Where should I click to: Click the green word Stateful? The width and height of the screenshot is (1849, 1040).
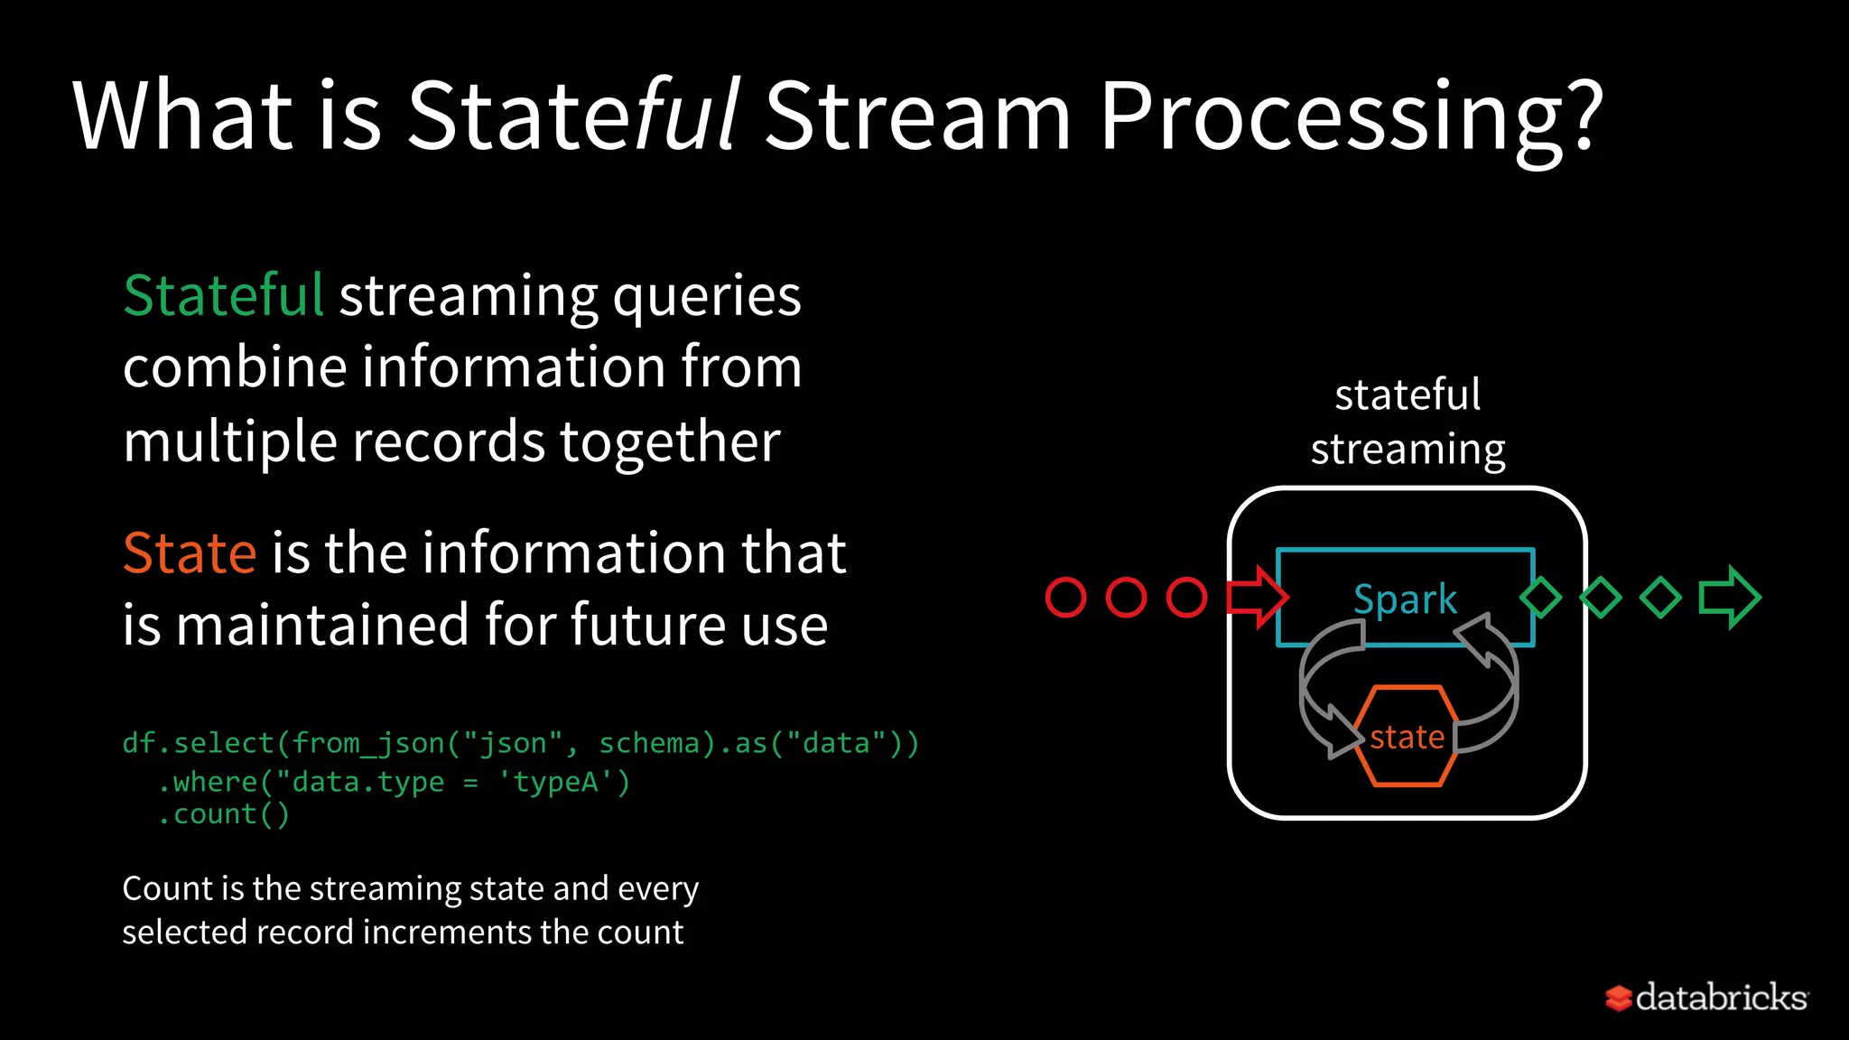pyautogui.click(x=223, y=295)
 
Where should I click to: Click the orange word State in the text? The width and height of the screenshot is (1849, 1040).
pyautogui.click(x=190, y=552)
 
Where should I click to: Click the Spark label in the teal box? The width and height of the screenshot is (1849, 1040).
pyautogui.click(x=1405, y=599)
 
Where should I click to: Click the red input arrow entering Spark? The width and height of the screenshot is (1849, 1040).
pyautogui.click(x=1256, y=597)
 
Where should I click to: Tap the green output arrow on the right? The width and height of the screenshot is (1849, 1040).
pyautogui.click(x=1729, y=597)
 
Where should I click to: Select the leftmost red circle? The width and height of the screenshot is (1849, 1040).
pyautogui.click(x=1065, y=598)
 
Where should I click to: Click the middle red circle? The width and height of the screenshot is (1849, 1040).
pyautogui.click(x=1126, y=598)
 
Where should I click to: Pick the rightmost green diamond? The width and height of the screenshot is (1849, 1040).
pyautogui.click(x=1660, y=598)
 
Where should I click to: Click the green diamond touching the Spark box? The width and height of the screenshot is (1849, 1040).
pyautogui.click(x=1540, y=598)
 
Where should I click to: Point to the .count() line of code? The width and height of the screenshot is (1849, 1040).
pyautogui.click(x=223, y=814)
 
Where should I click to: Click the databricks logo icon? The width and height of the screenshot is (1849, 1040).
pyautogui.click(x=1618, y=998)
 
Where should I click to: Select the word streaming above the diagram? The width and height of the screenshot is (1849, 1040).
pyautogui.click(x=1408, y=450)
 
